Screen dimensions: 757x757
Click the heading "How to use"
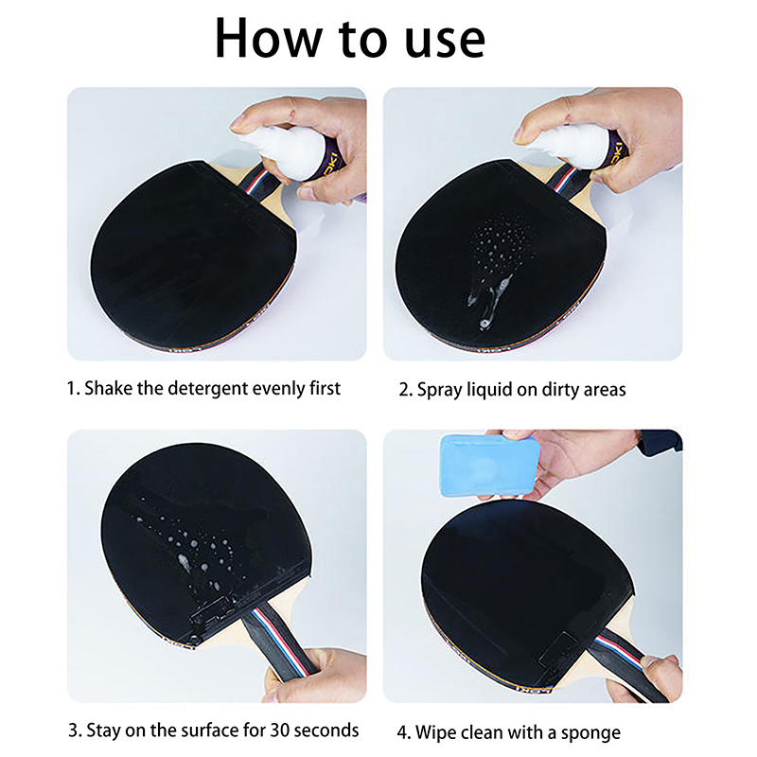pyautogui.click(x=350, y=39)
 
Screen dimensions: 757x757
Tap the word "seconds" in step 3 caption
pyautogui.click(x=326, y=731)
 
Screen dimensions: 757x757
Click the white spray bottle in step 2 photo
pyautogui.click(x=574, y=148)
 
